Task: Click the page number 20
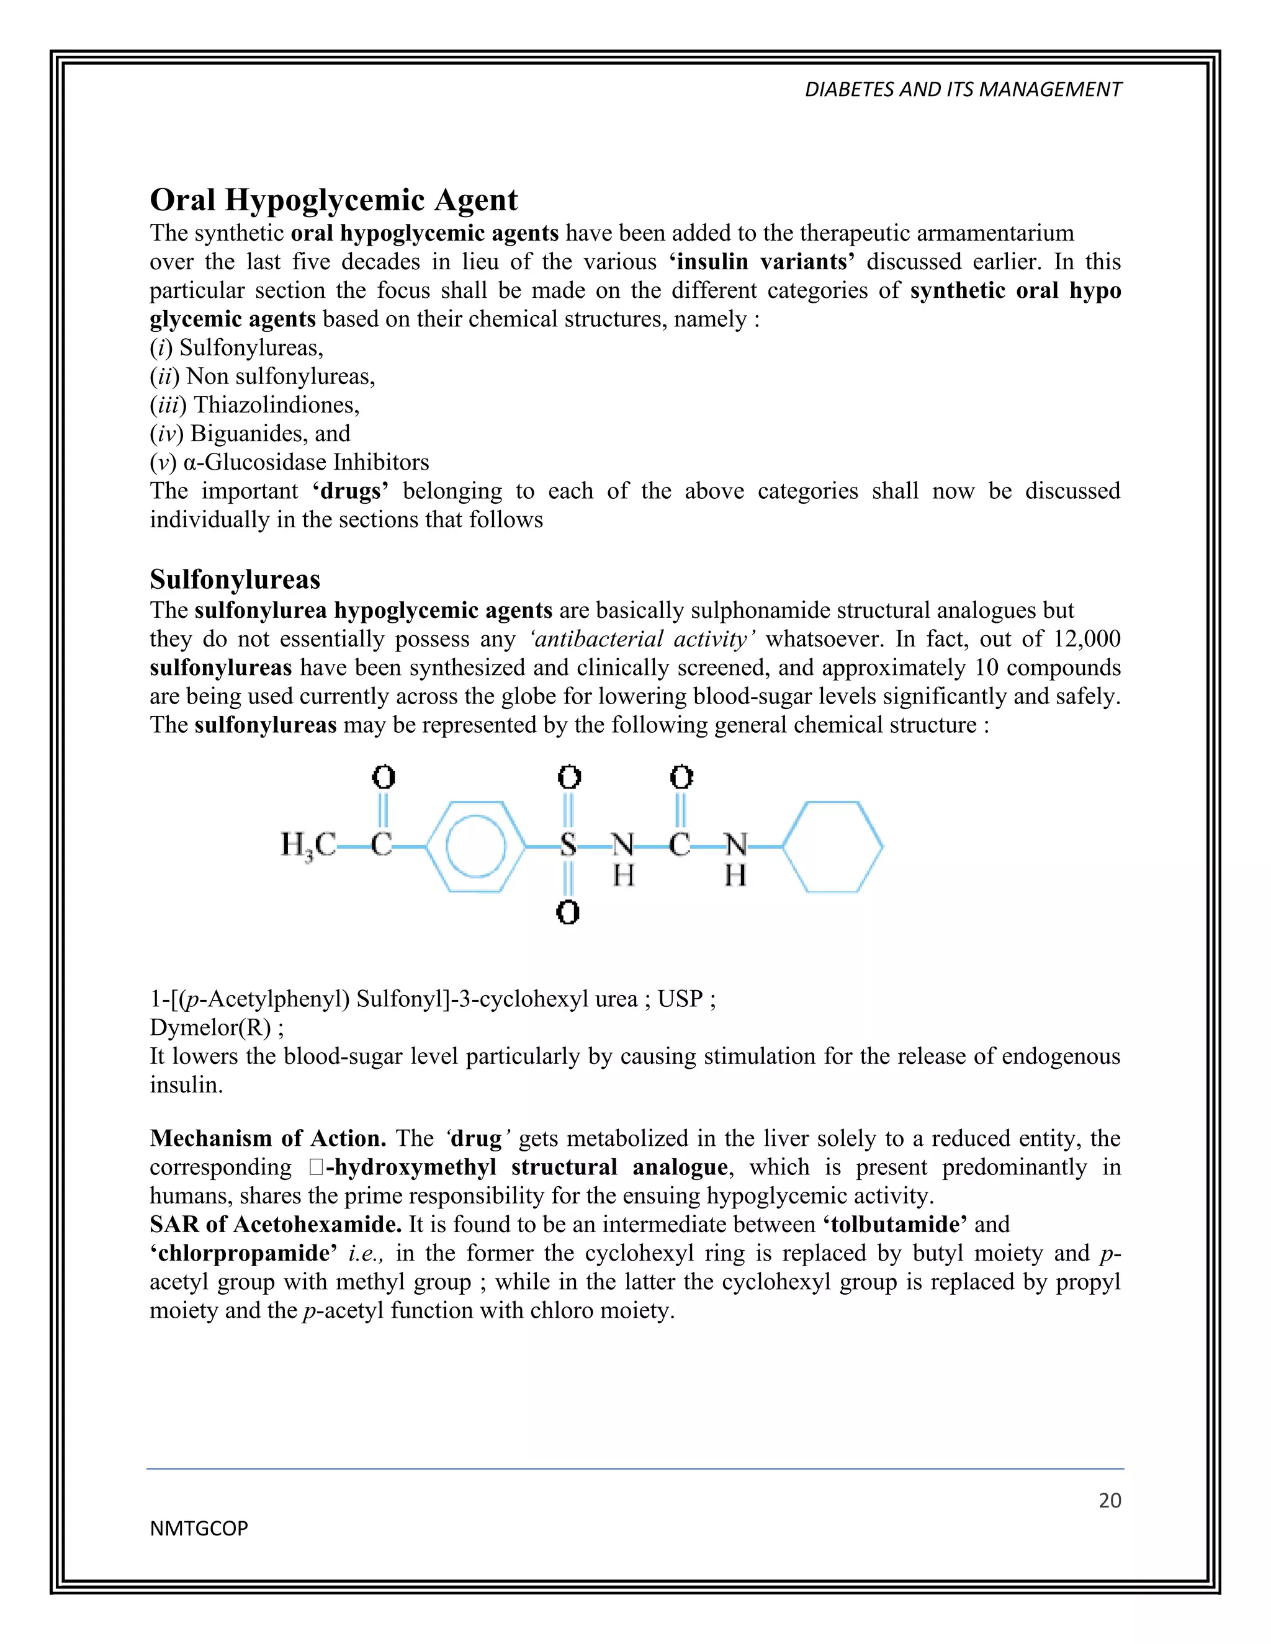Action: click(1109, 1500)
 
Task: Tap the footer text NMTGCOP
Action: click(199, 1528)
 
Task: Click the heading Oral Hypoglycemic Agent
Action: click(333, 200)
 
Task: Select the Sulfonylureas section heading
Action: click(235, 579)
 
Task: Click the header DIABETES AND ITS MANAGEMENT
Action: click(963, 89)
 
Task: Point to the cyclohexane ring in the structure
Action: click(833, 847)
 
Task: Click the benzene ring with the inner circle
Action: click(475, 847)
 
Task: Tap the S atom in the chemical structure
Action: click(568, 846)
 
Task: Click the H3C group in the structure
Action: click(308, 846)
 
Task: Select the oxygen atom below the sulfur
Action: click(568, 913)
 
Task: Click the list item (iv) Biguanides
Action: click(250, 434)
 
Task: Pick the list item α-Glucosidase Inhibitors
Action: click(290, 462)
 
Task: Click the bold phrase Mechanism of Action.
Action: click(268, 1138)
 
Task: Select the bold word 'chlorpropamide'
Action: click(243, 1253)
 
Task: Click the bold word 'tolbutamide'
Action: click(894, 1225)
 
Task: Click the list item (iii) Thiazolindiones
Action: click(254, 405)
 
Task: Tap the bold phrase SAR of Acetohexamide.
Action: click(276, 1225)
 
